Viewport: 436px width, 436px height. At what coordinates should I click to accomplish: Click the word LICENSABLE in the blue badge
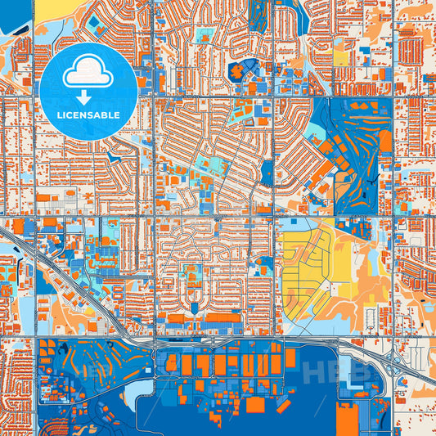88,115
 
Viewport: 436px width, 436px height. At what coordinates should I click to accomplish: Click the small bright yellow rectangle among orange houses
339,58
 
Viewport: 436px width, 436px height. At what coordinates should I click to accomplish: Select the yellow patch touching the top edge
57,7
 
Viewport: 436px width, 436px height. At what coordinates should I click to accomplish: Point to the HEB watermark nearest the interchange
331,372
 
